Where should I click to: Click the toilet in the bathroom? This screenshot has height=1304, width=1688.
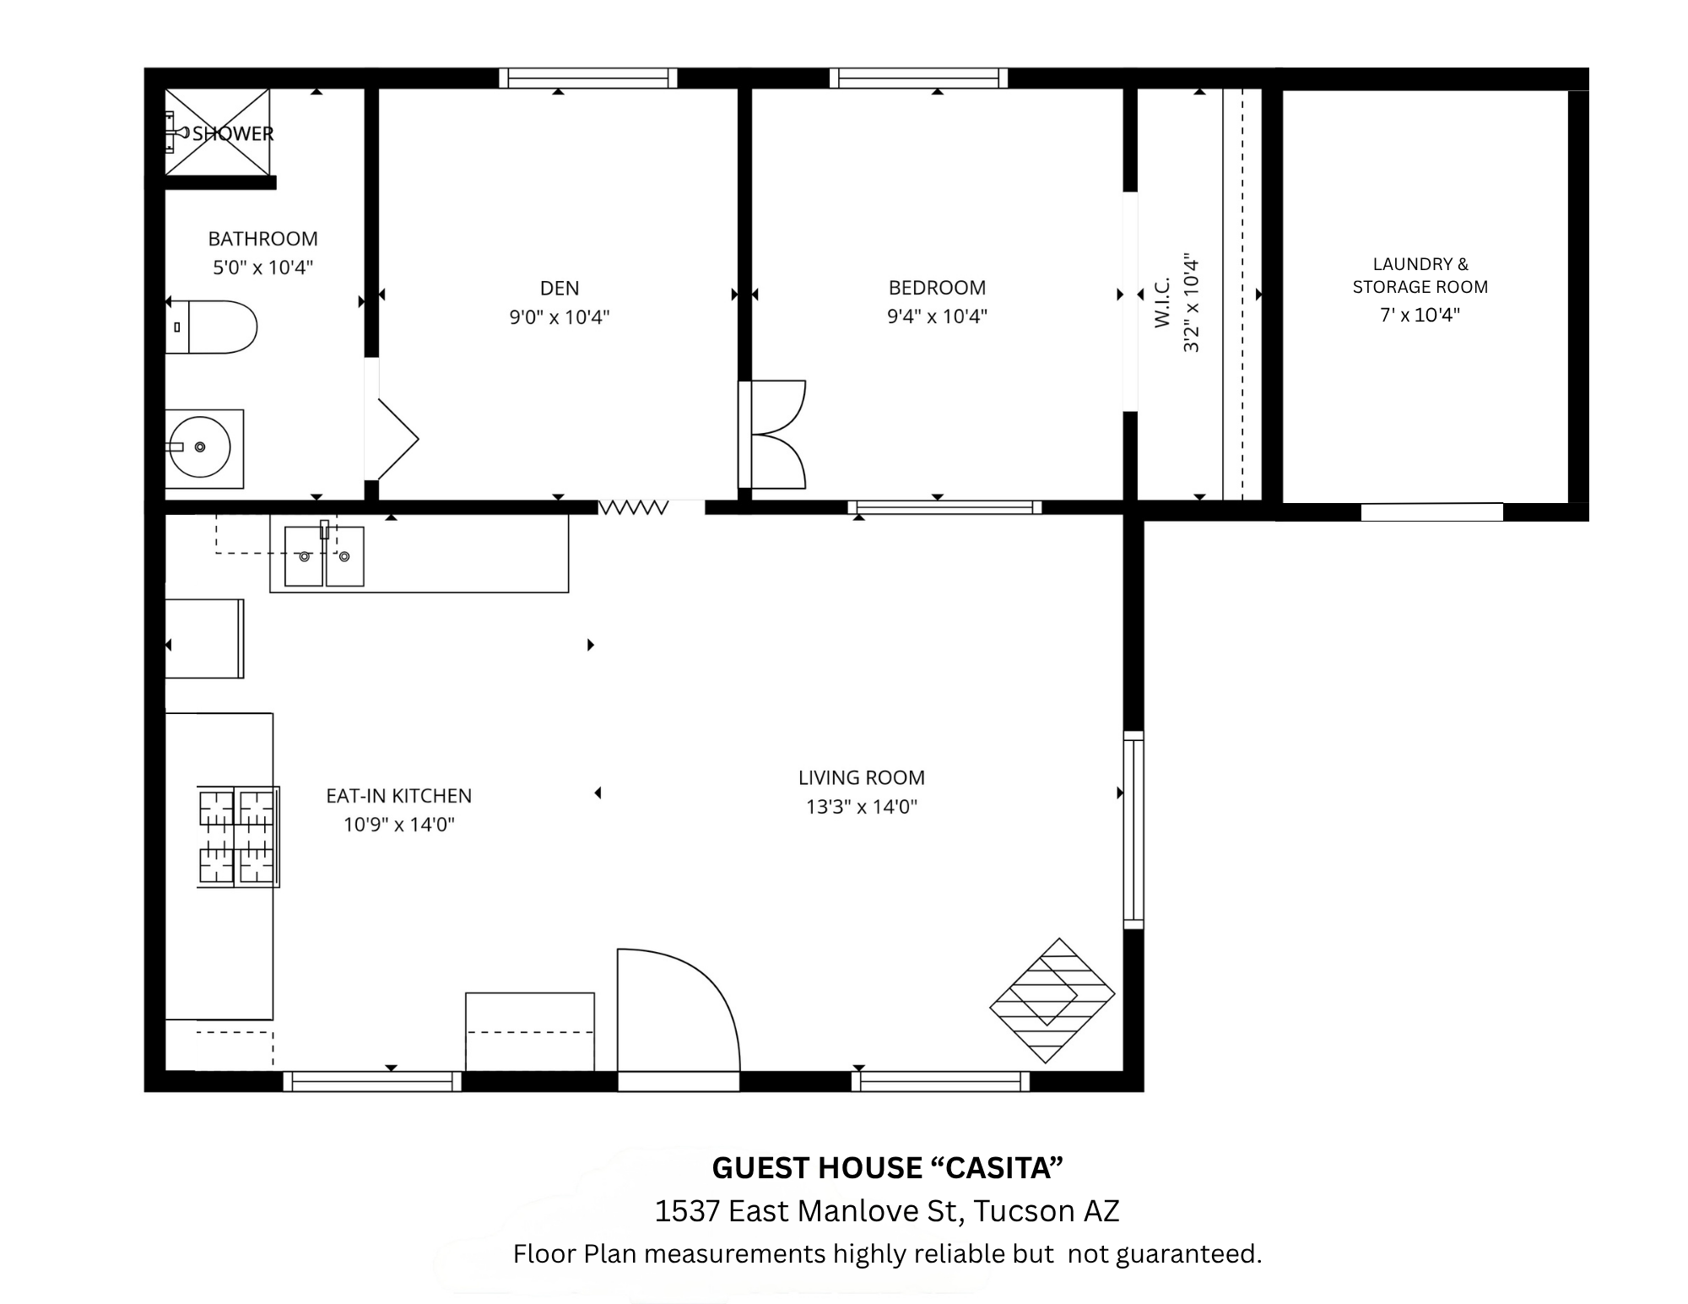point(215,327)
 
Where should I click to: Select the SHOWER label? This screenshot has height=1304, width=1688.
point(232,133)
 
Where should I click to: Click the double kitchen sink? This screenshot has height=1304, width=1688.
point(324,555)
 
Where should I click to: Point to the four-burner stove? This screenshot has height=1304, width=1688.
point(237,836)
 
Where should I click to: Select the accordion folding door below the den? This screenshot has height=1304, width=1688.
point(633,507)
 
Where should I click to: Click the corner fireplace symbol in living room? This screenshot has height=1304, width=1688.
point(1052,1000)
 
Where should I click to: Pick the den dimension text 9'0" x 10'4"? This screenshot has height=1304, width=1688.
point(559,317)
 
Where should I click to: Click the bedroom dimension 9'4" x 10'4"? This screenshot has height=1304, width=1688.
point(937,317)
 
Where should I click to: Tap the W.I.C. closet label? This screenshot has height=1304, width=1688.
point(1162,302)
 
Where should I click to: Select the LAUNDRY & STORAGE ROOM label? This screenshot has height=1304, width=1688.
point(1420,275)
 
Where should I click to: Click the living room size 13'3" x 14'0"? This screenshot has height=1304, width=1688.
point(861,807)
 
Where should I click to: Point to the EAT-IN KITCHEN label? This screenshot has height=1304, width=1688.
point(398,796)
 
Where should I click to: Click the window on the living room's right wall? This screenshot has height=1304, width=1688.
point(1133,830)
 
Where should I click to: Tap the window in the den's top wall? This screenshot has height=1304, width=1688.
point(587,78)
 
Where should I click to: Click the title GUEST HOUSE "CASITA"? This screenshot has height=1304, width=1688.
point(887,1168)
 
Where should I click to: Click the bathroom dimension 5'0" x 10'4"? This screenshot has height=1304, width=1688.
point(262,268)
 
